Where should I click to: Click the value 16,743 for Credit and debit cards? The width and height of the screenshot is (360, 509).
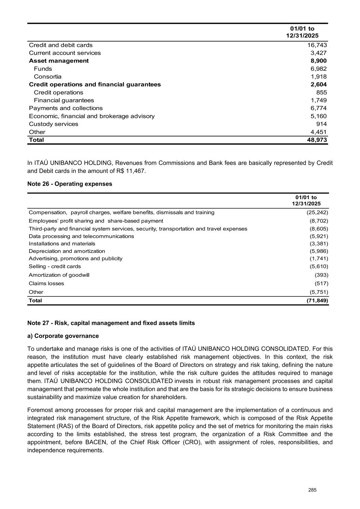point(317,45)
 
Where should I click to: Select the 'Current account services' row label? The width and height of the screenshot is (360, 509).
point(65,53)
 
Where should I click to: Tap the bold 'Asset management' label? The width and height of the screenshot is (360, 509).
point(59,61)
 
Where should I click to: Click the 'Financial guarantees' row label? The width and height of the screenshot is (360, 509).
point(64,100)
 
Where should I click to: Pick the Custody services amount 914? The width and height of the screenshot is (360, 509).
point(321,124)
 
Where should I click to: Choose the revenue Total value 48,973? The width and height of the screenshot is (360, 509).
point(317,140)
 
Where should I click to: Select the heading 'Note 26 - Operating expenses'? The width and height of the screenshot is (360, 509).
point(70,184)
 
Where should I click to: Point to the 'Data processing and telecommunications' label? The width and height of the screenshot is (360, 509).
point(81,236)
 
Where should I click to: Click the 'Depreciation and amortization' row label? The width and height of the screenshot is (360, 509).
point(67,251)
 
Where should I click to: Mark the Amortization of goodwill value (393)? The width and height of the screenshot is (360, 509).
point(322,275)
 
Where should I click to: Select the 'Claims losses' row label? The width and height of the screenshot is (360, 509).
point(46,283)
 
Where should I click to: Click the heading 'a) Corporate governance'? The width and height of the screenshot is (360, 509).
point(63,336)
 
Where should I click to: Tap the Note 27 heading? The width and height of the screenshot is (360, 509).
point(111,323)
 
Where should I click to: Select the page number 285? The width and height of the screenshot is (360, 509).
point(312,490)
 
